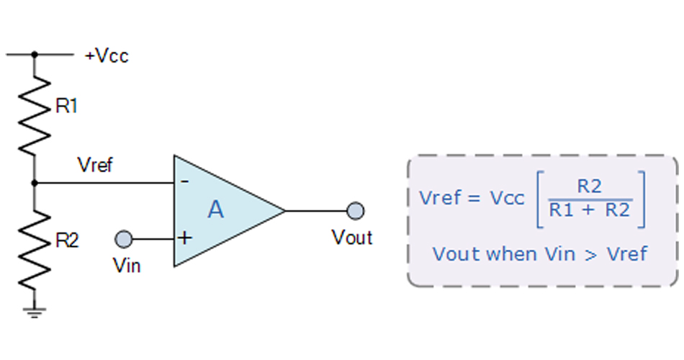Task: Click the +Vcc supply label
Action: coord(107,56)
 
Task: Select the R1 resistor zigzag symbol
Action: coord(35,115)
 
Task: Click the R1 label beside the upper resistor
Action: coord(66,107)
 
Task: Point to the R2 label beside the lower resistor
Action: coord(67,241)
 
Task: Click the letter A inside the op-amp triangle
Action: coord(215,210)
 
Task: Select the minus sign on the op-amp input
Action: coord(184,181)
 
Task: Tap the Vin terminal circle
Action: coord(124,238)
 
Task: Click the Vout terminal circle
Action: coord(355,211)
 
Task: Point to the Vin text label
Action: coord(127,265)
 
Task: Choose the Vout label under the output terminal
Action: coord(352,237)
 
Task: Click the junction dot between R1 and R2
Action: coord(35,182)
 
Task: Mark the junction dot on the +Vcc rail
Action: coord(35,54)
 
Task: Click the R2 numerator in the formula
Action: coord(589,187)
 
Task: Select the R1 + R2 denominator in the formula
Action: coord(589,210)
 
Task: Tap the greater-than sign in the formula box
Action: coord(591,254)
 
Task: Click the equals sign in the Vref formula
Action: coord(473,198)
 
